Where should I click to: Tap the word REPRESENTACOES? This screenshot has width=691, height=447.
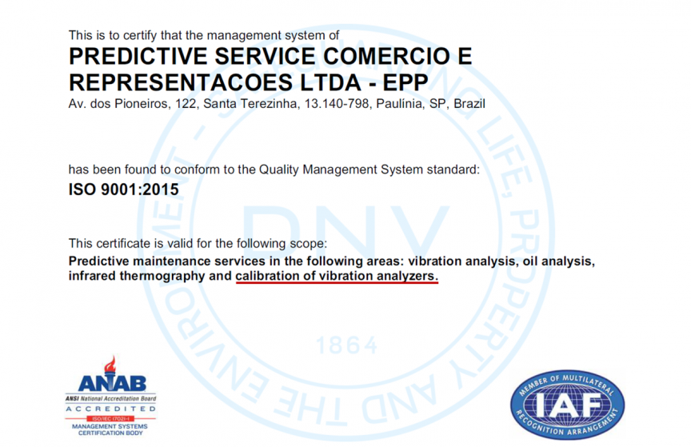tap(181, 82)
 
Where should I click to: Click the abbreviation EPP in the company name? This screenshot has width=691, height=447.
tap(405, 82)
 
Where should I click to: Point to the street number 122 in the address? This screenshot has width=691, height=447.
tap(186, 104)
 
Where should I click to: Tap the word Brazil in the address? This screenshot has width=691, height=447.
tap(469, 104)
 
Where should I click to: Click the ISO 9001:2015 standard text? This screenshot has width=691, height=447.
tap(124, 190)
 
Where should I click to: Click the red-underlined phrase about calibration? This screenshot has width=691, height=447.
tap(337, 276)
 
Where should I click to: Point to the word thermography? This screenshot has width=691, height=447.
tap(162, 277)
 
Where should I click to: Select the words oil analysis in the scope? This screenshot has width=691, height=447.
tap(559, 261)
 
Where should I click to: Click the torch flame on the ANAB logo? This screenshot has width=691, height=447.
tap(110, 365)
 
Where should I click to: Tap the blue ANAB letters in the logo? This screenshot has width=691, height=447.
tap(113, 384)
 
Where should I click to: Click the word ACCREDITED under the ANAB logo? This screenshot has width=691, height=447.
tap(110, 409)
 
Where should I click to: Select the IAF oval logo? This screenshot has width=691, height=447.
tap(567, 405)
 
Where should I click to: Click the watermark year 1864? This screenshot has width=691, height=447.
tap(347, 345)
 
